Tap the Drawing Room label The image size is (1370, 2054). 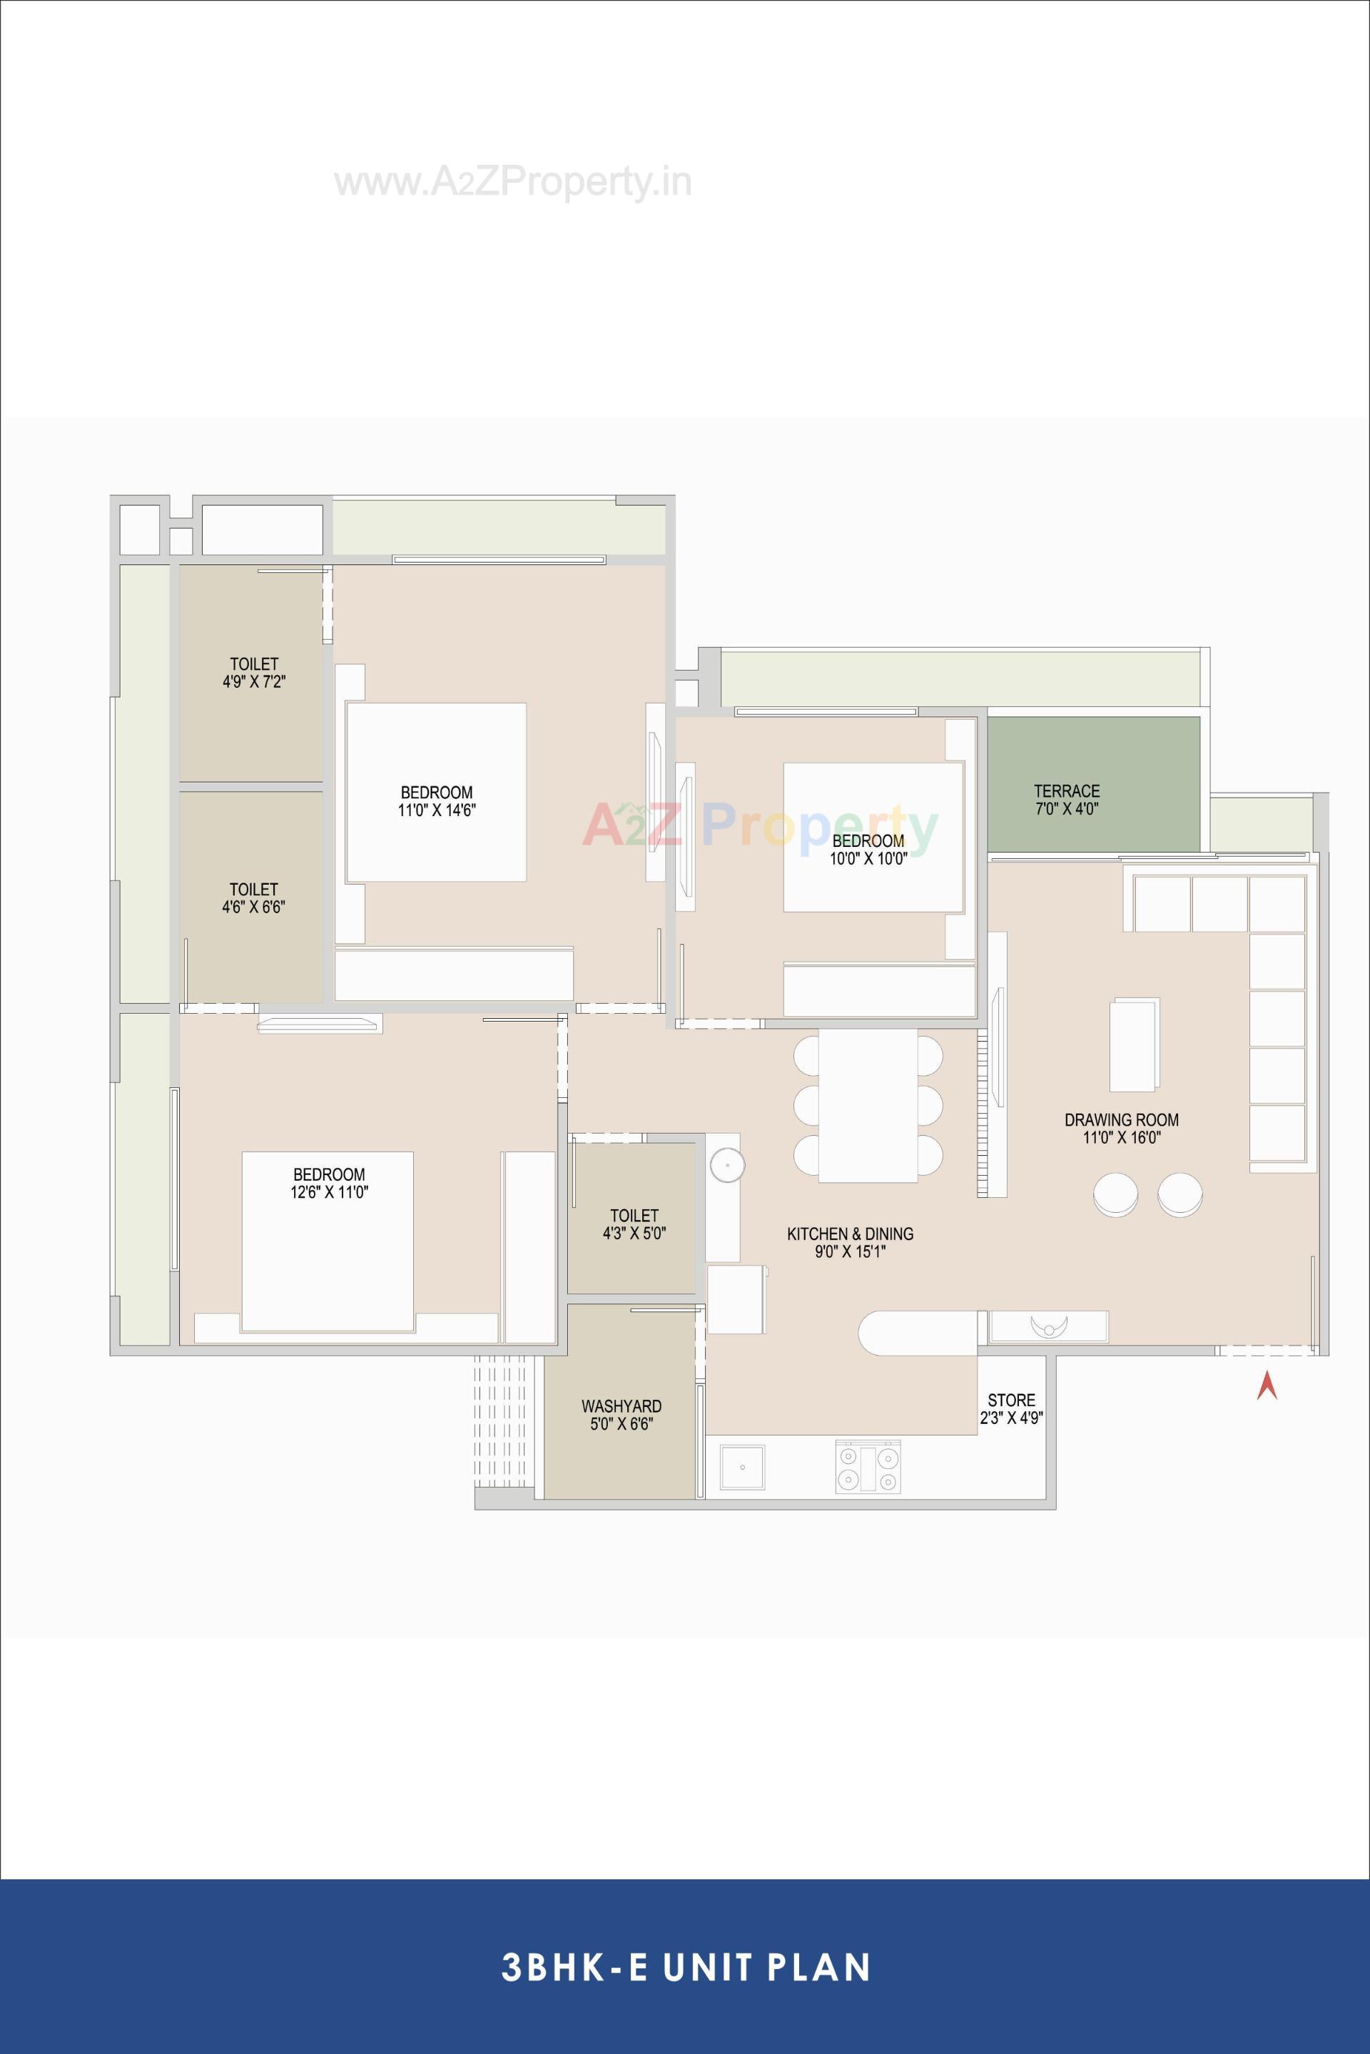coord(1121,1128)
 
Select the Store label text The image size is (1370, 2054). coord(1011,1408)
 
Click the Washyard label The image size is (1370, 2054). coord(621,1415)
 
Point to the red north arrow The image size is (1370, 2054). coord(1267,1386)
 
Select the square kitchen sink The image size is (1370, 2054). coord(742,1468)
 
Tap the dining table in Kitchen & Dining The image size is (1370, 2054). coord(868,1104)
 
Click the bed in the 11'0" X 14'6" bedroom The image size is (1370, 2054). coord(436,791)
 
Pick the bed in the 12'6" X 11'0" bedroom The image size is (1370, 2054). coord(328,1241)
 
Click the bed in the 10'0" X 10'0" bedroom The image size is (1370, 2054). coord(872,837)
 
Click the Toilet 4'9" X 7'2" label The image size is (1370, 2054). coord(254,673)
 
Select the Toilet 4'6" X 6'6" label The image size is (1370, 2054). coord(253,898)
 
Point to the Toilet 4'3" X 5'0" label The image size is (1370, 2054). coord(634,1224)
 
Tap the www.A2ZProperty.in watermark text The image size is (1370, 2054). coord(513,183)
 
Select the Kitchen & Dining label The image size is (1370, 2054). coord(850,1242)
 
